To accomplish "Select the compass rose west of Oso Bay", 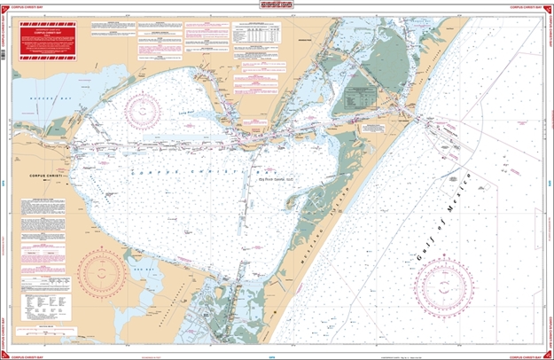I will (99, 271).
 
